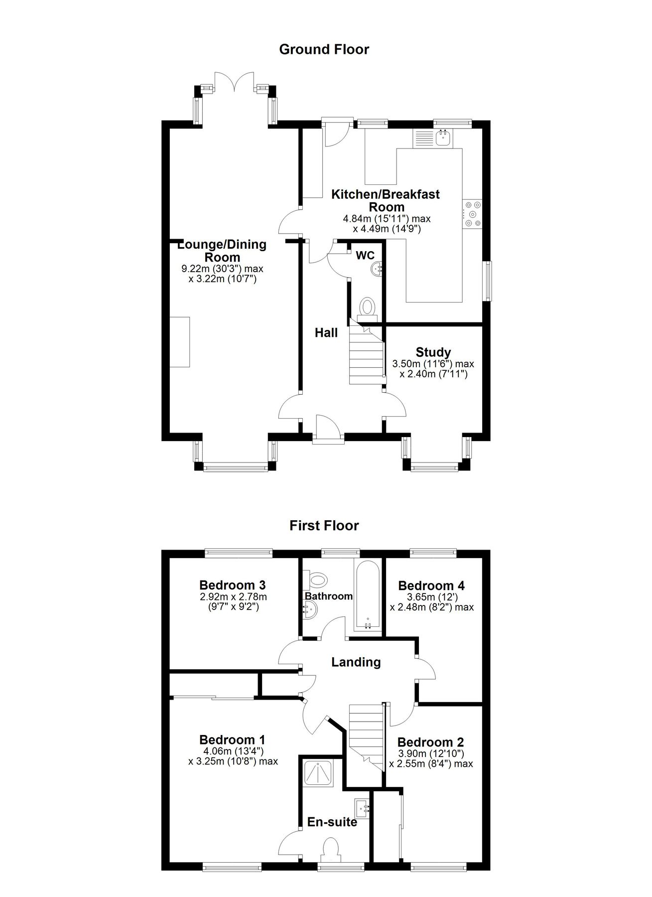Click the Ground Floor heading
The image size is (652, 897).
point(324,49)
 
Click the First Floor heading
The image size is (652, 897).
point(324,526)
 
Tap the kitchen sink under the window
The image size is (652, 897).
point(442,138)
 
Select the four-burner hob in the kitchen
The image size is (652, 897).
point(472,214)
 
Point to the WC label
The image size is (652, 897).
point(365,256)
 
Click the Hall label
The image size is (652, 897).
point(326,333)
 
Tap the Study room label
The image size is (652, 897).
point(433,352)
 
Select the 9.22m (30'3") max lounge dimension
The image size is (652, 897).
point(223,269)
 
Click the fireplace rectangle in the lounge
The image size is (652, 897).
point(180,342)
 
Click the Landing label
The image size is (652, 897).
point(356,662)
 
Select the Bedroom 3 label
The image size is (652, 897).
point(232,585)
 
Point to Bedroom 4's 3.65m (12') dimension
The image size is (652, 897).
point(431,597)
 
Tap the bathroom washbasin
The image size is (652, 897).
point(309,609)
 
